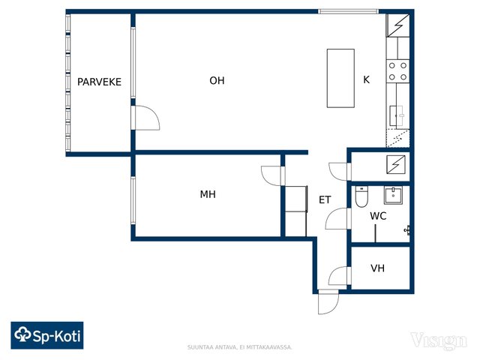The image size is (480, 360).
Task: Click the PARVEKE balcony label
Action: point(99,82)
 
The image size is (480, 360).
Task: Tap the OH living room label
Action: point(217,80)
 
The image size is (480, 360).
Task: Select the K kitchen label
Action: point(366,79)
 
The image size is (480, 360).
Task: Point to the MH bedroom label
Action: point(208,194)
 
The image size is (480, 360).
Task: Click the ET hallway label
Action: point(325,200)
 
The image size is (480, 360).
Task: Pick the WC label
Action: point(378,216)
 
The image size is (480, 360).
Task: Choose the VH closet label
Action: point(377,268)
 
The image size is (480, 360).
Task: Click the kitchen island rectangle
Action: point(340,78)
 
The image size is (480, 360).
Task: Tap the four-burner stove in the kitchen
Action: point(397,71)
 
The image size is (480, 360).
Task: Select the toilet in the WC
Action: point(361,196)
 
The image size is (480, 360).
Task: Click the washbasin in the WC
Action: point(393,196)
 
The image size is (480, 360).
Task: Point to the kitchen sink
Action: point(397,115)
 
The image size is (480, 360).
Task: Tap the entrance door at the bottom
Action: point(328,302)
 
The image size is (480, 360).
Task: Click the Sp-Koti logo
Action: point(47,335)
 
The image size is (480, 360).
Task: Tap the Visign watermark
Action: point(439,341)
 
